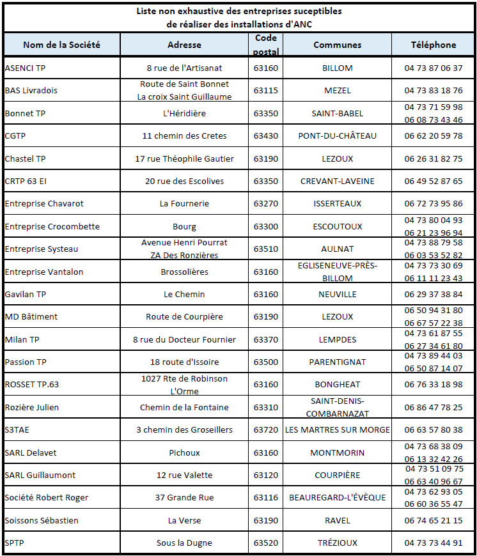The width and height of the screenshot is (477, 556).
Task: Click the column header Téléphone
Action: [433, 45]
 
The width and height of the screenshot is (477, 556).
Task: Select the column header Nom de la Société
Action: [61, 45]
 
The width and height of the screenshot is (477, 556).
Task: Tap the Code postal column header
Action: [265, 44]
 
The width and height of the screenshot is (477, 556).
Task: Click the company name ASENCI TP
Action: [25, 68]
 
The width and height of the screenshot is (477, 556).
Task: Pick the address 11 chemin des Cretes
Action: [184, 135]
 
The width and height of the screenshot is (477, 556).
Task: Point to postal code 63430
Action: [265, 135]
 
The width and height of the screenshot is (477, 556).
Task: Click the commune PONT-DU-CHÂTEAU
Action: [337, 135]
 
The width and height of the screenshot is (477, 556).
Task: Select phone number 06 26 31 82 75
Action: [433, 158]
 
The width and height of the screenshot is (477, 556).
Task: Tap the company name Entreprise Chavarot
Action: [44, 203]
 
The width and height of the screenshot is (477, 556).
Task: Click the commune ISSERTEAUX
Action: [337, 203]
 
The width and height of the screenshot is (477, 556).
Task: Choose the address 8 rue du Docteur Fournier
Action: [184, 339]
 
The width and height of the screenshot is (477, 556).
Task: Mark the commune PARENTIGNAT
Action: [337, 362]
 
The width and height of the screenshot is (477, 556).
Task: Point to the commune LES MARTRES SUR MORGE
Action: [337, 429]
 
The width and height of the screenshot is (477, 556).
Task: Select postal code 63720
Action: [265, 429]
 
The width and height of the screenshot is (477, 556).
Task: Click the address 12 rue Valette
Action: [184, 475]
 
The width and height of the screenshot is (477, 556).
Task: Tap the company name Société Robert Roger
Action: [47, 497]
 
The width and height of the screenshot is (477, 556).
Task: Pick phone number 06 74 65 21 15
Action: [433, 520]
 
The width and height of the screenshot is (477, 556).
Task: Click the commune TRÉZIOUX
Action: [337, 543]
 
